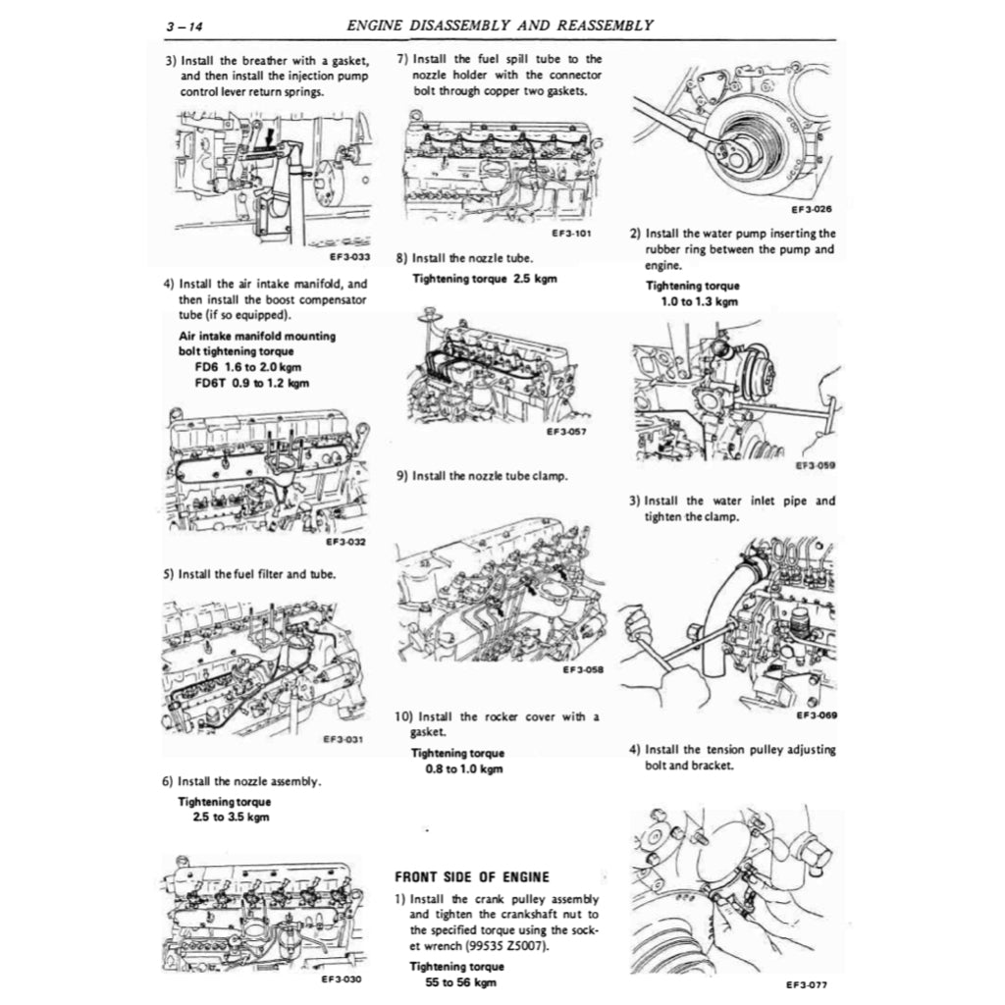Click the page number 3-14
pyautogui.click(x=184, y=26)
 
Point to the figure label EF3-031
pyautogui.click(x=343, y=739)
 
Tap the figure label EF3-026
pyautogui.click(x=812, y=208)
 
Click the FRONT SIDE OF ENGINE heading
pyautogui.click(x=471, y=876)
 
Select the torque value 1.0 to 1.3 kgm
pyautogui.click(x=699, y=301)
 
